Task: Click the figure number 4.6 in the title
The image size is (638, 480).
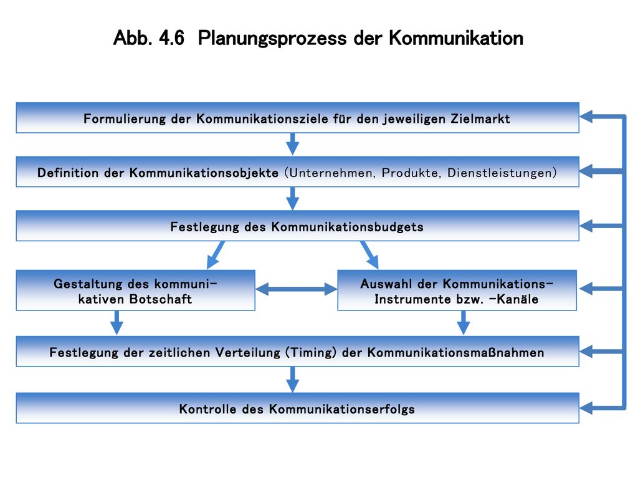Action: [171, 38]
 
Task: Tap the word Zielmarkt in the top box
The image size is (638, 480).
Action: [480, 118]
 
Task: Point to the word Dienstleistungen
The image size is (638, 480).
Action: [499, 173]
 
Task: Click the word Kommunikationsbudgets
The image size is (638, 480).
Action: [348, 226]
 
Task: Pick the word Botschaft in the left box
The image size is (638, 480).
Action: [160, 299]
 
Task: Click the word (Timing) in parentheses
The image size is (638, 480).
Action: [311, 352]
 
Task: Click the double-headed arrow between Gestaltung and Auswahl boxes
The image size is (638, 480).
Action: [297, 289]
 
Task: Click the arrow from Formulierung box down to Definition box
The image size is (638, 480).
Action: [293, 144]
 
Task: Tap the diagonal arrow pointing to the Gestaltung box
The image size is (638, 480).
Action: [216, 255]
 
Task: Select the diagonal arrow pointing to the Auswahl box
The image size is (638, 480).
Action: [369, 255]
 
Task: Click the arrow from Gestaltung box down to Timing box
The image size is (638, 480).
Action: [117, 322]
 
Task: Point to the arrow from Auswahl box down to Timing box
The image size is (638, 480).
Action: [464, 322]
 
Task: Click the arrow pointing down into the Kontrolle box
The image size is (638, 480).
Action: [293, 380]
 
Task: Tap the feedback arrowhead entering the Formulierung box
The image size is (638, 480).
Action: [586, 117]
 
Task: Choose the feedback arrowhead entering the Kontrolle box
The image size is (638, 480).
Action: [586, 408]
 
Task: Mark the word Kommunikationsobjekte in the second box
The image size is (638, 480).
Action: [204, 173]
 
